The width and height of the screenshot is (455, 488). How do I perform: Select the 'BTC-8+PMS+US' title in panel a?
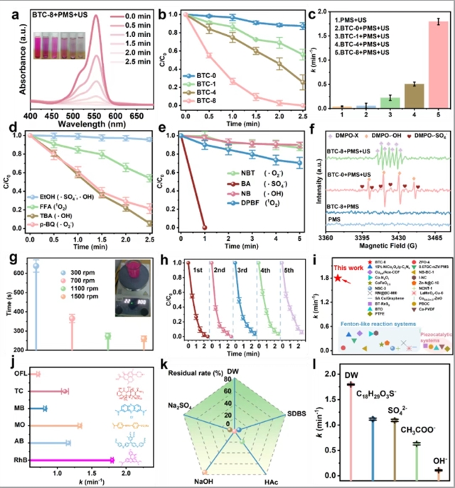coord(60,13)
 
